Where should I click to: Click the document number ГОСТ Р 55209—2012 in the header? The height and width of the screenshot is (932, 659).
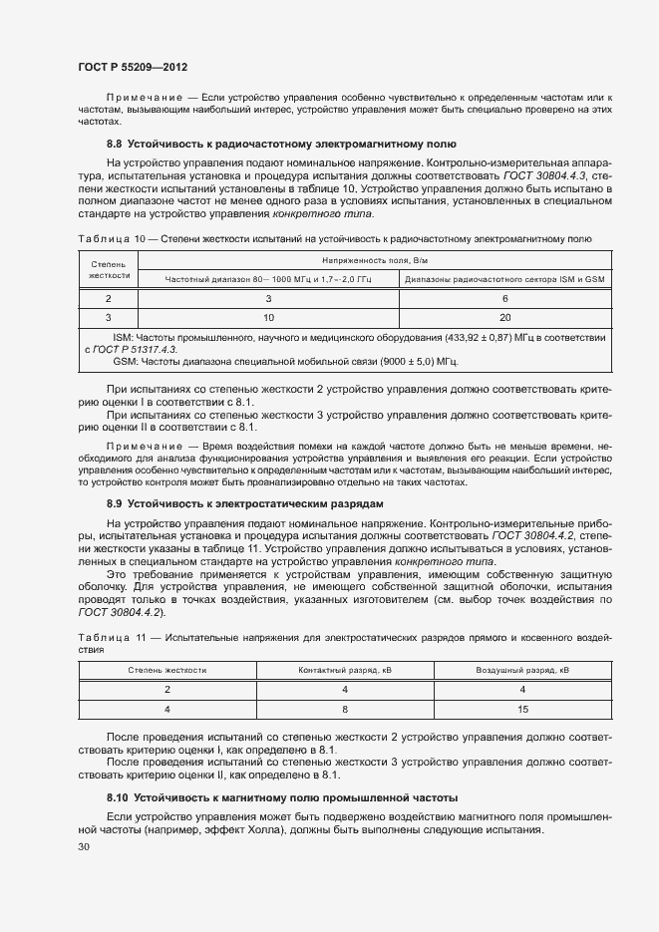pyautogui.click(x=133, y=65)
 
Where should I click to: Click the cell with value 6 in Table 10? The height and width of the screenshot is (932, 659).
pyautogui.click(x=505, y=298)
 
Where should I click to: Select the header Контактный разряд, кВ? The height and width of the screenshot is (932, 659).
pyautogui.click(x=346, y=671)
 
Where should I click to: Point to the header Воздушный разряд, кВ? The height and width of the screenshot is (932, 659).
pyautogui.click(x=521, y=671)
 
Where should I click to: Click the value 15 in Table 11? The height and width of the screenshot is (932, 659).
pyautogui.click(x=521, y=709)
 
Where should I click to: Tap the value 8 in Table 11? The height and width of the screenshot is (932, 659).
pyautogui.click(x=346, y=709)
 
